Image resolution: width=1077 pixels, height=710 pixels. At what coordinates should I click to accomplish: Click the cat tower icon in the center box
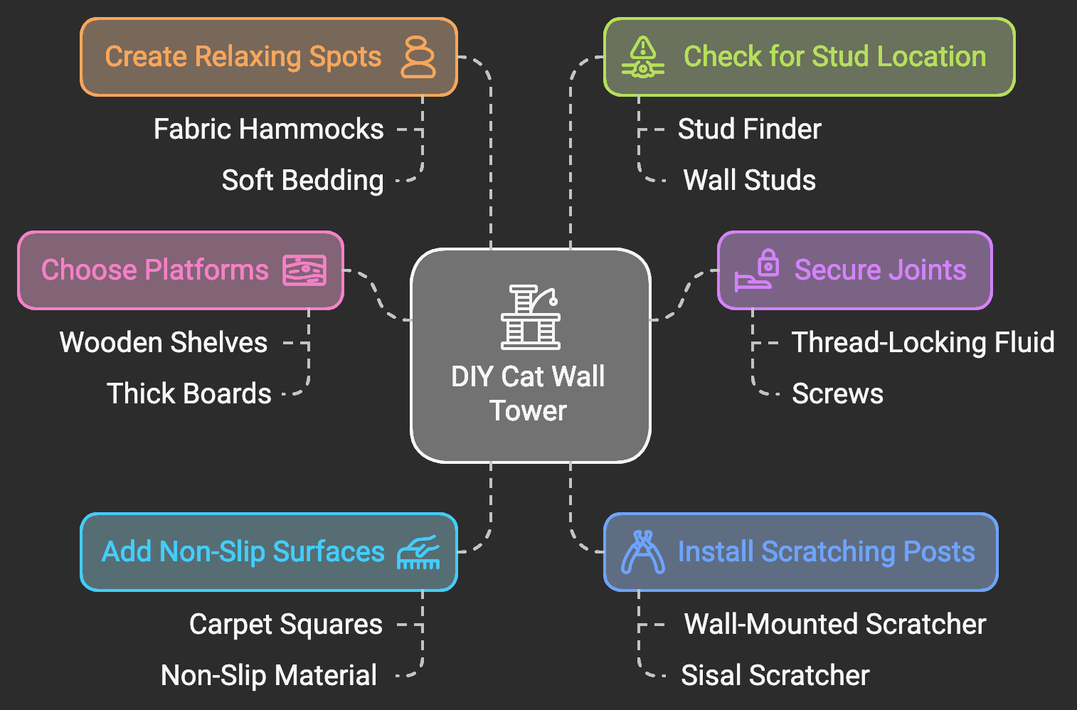[530, 317]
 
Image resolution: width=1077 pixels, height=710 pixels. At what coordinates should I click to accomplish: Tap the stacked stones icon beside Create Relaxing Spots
[418, 57]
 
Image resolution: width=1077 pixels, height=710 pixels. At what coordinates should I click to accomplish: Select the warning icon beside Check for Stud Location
[643, 57]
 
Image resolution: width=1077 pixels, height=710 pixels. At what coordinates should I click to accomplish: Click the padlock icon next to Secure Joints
[757, 271]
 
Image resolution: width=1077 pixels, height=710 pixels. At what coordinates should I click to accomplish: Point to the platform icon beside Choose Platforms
[304, 270]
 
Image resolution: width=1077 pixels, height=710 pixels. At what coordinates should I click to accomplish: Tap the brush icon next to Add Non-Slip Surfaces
[418, 552]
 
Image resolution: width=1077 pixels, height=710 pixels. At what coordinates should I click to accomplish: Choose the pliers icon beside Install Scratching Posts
[643, 552]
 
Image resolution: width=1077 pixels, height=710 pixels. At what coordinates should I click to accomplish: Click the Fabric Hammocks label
[269, 129]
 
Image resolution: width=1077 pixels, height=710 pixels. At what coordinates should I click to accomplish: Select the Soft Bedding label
[302, 181]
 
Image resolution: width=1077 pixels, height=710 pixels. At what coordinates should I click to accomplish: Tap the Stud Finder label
[749, 129]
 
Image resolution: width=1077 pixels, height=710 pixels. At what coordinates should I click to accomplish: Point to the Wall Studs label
[749, 181]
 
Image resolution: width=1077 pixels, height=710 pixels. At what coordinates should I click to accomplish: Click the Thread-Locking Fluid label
[923, 343]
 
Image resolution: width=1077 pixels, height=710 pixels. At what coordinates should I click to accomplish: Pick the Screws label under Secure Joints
[837, 394]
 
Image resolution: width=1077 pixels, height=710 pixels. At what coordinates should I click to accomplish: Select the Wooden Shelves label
[164, 343]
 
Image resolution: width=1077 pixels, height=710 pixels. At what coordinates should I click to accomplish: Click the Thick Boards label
[189, 394]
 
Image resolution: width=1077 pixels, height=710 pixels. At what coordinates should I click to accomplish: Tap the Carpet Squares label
[286, 625]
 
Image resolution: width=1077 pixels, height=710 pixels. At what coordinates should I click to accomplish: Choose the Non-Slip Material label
[269, 676]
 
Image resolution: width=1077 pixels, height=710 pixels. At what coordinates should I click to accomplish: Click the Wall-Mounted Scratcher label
[834, 625]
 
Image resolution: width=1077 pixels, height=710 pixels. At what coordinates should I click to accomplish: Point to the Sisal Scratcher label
[775, 676]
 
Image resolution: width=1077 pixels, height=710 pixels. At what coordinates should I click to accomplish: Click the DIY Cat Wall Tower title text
[528, 393]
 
